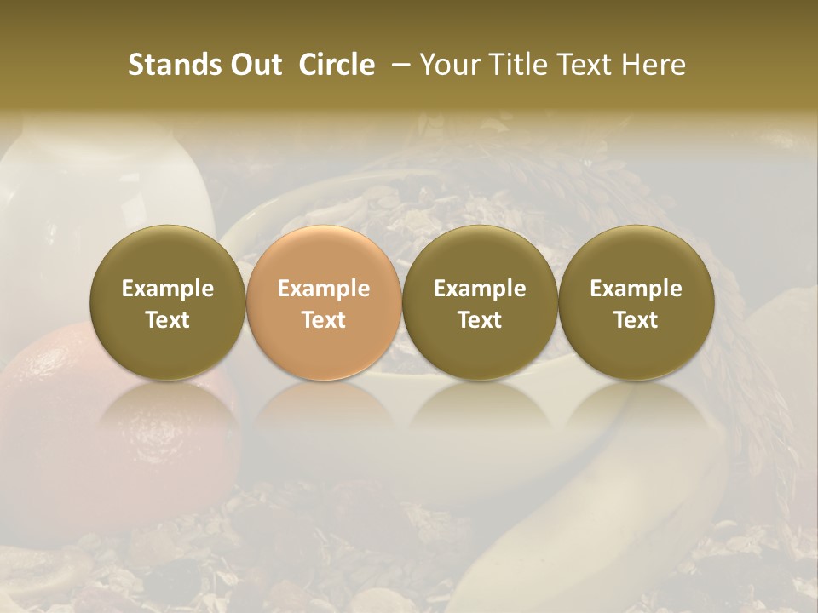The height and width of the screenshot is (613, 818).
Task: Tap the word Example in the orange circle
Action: (x=324, y=289)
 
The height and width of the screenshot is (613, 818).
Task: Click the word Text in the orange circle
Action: (x=324, y=320)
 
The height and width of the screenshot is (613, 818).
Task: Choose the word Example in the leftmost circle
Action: (x=168, y=289)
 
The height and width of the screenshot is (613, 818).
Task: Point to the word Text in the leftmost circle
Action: (x=168, y=320)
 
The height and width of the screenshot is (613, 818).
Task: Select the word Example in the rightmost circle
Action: (x=636, y=289)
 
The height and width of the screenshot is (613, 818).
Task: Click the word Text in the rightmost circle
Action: (x=636, y=320)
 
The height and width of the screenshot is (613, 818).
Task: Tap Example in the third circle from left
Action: (x=480, y=289)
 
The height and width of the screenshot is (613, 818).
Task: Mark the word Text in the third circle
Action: (x=480, y=320)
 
